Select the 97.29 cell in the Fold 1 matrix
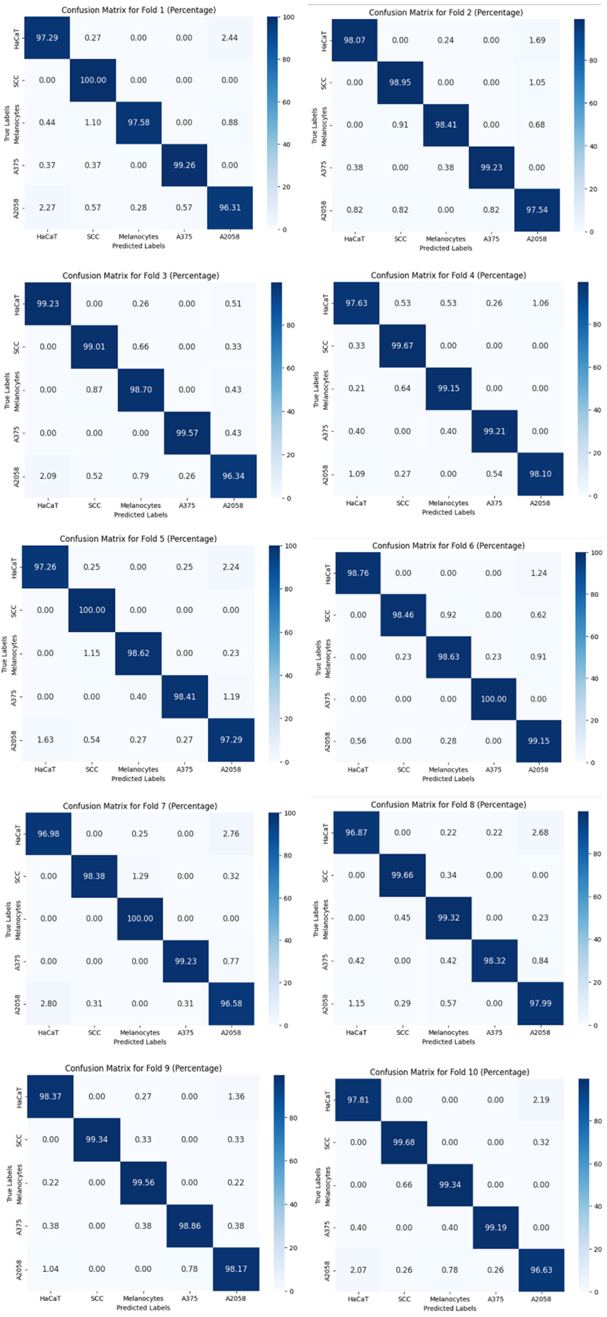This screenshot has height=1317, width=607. point(47,38)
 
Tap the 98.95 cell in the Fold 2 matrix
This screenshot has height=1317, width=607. point(400,82)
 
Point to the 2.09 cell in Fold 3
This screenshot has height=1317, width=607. point(48,476)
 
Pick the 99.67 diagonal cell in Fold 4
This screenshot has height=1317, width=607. point(402,346)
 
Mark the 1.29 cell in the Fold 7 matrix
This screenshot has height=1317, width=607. point(140,876)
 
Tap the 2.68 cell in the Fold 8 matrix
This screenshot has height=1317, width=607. point(540,832)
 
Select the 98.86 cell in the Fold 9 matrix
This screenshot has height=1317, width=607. point(189,1225)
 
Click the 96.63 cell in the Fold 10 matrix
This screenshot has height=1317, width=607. point(541,1269)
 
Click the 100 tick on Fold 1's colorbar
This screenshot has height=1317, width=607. point(288,17)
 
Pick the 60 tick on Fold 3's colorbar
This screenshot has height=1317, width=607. point(290,368)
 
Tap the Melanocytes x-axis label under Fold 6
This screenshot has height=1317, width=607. point(448,770)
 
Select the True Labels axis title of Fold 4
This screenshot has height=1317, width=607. point(316,389)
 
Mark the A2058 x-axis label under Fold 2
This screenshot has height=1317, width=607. point(536,239)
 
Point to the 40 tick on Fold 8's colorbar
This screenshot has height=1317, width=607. point(596,939)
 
